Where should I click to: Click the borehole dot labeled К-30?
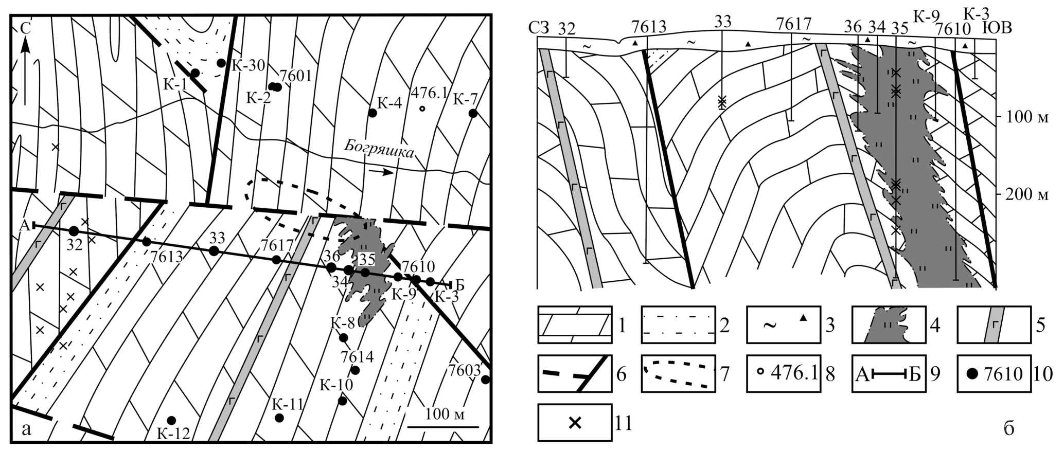[221, 63]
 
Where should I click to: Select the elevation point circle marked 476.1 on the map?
[422, 109]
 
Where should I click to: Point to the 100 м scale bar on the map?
[443, 426]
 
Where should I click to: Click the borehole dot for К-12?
[171, 420]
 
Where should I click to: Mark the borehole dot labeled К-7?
[473, 113]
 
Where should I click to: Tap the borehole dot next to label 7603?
[485, 380]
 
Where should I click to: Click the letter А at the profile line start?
[23, 225]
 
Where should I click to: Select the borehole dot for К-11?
[279, 418]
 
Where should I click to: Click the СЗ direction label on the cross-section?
[540, 29]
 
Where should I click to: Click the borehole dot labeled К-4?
[371, 112]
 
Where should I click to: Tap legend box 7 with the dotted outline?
[679, 373]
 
